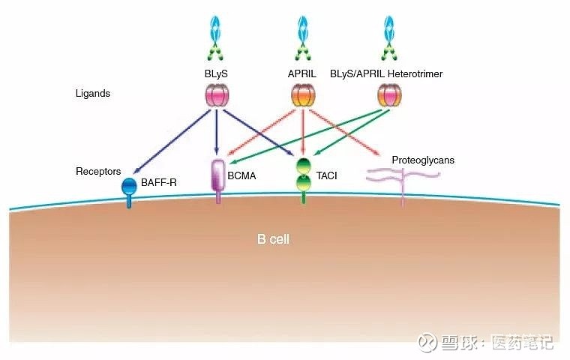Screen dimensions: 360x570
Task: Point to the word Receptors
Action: coord(98,172)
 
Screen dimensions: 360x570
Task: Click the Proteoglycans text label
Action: coord(423,160)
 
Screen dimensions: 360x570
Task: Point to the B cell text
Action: coord(273,239)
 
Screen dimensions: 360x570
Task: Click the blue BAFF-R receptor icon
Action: coord(130,188)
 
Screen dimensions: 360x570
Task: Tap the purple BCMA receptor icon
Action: coord(219,180)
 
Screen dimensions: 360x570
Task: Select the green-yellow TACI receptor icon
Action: coord(303,178)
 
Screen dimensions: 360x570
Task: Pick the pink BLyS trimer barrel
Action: coord(217,95)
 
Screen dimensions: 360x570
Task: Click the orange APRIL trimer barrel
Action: coord(303,95)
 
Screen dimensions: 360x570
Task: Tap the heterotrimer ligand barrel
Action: coord(388,95)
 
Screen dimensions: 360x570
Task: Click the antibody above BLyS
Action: coord(217,37)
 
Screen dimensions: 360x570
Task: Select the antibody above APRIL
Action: coord(303,37)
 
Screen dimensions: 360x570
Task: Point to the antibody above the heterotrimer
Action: coord(388,37)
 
